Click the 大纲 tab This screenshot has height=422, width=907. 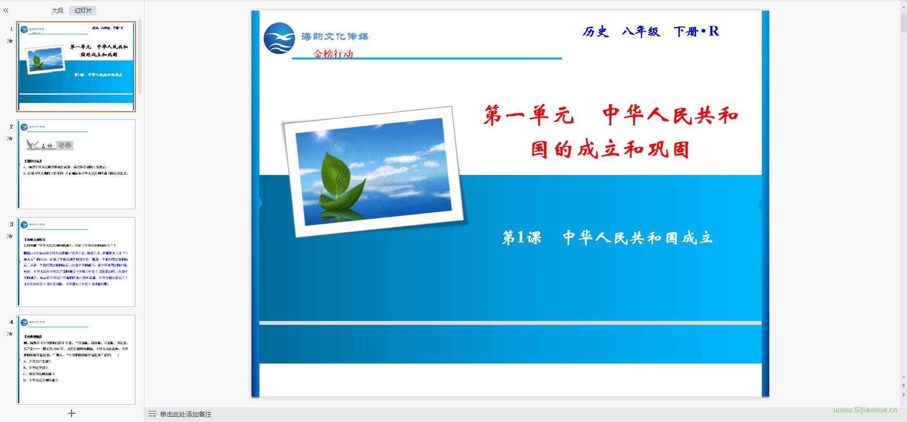tap(57, 10)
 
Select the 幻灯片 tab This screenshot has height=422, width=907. tap(83, 10)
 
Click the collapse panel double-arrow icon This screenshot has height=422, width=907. tap(6, 10)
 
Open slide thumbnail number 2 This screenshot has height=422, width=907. tap(76, 164)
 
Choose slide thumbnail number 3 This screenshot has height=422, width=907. tap(76, 262)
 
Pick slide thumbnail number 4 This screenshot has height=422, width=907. tap(76, 359)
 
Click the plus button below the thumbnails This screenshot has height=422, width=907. tap(72, 413)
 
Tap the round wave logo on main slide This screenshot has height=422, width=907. tap(279, 38)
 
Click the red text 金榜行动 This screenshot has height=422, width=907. tap(333, 54)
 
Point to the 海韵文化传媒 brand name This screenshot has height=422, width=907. tap(335, 36)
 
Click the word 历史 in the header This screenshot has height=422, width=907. tap(595, 32)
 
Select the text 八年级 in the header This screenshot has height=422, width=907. tap(641, 32)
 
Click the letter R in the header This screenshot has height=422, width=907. tap(714, 31)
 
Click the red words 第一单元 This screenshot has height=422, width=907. tap(529, 116)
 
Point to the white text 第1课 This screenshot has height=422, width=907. tap(521, 237)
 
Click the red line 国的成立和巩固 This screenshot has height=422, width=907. tap(610, 149)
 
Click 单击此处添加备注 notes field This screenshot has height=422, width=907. tap(186, 414)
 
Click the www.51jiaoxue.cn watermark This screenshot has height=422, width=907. tap(865, 409)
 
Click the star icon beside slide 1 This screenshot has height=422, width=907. tap(10, 41)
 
